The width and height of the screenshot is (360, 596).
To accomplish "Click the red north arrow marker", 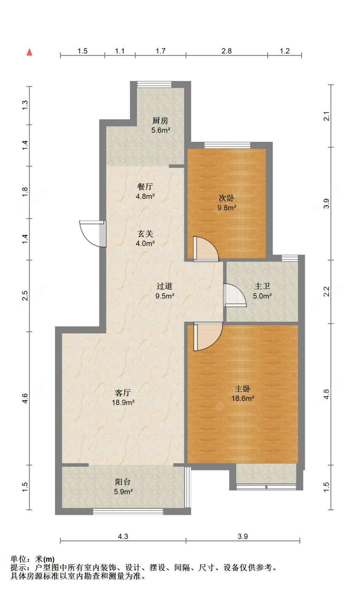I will [29, 52].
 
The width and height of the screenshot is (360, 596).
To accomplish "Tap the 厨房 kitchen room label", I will [160, 121].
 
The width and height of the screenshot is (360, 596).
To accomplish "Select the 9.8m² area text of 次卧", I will [227, 208].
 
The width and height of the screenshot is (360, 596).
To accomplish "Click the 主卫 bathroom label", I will [262, 286].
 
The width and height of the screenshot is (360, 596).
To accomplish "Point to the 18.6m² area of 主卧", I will [243, 398].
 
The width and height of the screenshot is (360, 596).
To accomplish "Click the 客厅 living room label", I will [123, 393].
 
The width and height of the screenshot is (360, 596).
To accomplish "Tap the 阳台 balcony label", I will [123, 482].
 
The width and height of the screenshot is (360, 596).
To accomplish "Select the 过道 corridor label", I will [164, 286].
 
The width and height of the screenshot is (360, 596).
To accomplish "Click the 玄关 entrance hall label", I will [145, 234].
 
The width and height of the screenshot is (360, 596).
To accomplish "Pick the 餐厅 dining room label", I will [145, 186].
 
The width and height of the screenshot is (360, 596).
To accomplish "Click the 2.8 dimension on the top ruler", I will [226, 51].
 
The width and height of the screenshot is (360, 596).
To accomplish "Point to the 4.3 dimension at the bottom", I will [123, 536].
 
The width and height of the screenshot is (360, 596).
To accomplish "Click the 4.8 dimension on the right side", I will [326, 394].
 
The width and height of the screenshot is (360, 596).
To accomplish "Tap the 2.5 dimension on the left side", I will [25, 295].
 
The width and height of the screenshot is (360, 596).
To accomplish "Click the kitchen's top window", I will [154, 84].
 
